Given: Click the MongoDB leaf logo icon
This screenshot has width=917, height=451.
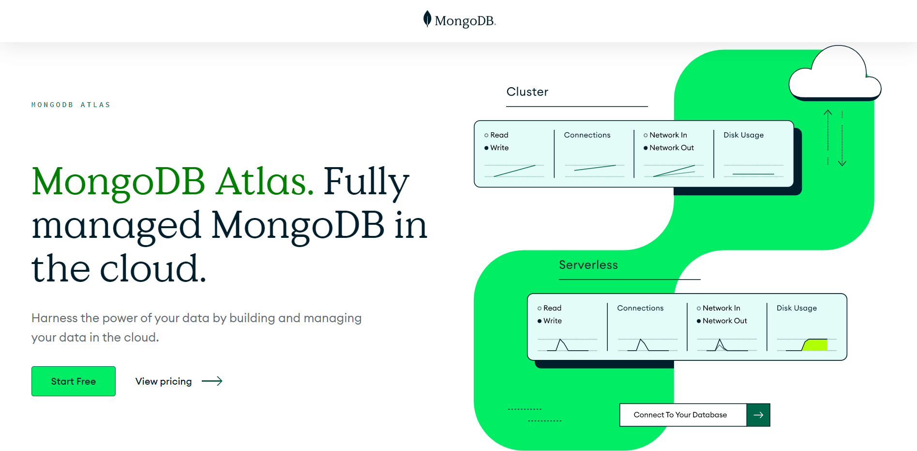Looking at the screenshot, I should [x=427, y=19].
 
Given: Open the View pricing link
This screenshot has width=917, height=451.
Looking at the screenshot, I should [x=164, y=381].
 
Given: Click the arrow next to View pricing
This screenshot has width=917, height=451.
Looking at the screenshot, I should [x=212, y=381].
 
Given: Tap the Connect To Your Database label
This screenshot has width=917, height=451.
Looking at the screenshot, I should [x=680, y=415].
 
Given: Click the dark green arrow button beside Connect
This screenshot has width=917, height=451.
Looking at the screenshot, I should [x=758, y=415].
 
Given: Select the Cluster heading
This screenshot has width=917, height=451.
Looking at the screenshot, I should [x=527, y=92].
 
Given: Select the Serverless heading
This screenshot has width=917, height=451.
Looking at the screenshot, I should [x=588, y=265].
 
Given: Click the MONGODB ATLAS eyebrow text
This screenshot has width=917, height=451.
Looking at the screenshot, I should [x=71, y=105].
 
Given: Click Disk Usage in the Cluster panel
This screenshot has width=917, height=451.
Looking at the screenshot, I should [x=743, y=135].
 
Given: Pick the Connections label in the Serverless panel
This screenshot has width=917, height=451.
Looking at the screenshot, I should [x=640, y=308].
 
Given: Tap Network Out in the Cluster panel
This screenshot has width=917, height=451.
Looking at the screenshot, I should [x=671, y=148].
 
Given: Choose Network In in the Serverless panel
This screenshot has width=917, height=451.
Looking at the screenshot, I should [x=721, y=308].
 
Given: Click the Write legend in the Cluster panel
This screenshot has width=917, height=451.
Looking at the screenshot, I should [x=499, y=148].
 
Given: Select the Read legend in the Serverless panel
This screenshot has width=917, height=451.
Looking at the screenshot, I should [x=552, y=308].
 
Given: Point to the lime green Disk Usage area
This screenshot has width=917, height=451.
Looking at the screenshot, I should [x=815, y=345].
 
